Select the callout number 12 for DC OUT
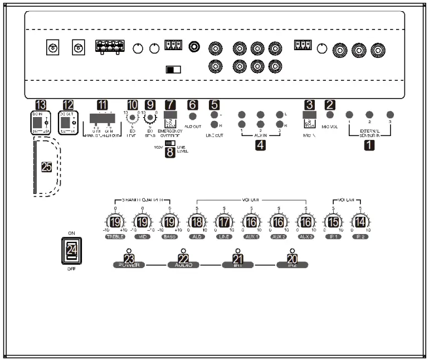(x=68, y=104)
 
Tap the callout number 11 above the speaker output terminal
(x=102, y=104)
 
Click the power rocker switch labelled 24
(x=71, y=251)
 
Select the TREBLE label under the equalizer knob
(x=115, y=237)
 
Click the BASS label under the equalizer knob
(x=169, y=237)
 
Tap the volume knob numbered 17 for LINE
(x=223, y=222)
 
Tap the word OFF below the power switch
(x=71, y=269)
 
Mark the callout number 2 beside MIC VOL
(x=330, y=104)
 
